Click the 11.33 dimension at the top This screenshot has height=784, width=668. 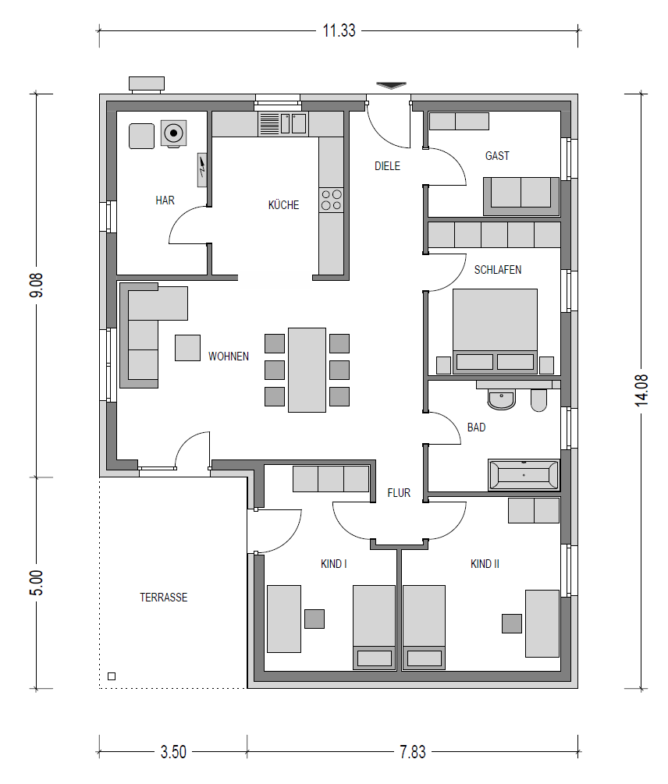tap(339, 30)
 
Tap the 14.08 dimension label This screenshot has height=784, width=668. tap(641, 390)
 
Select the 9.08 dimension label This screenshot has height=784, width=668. tap(36, 286)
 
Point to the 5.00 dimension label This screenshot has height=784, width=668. tap(36, 583)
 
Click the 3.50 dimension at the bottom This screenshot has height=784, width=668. tap(173, 751)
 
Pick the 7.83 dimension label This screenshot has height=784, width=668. tap(413, 751)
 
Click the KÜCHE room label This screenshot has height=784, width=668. tap(283, 204)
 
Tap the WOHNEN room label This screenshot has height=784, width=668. tap(229, 356)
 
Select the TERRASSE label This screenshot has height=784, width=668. tap(164, 597)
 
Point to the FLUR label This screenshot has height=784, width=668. tap(399, 492)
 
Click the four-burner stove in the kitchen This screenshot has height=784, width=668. tap(332, 200)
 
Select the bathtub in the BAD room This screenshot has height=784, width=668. tap(524, 474)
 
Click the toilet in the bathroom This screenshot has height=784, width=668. tap(538, 399)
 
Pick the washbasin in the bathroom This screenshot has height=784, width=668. tap(501, 399)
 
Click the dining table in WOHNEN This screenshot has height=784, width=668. tap(307, 370)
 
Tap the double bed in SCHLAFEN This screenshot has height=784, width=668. tap(495, 331)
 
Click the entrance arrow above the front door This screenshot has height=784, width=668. tap(391, 86)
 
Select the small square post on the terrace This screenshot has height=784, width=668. tap(112, 676)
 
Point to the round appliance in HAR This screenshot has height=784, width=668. tap(173, 133)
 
